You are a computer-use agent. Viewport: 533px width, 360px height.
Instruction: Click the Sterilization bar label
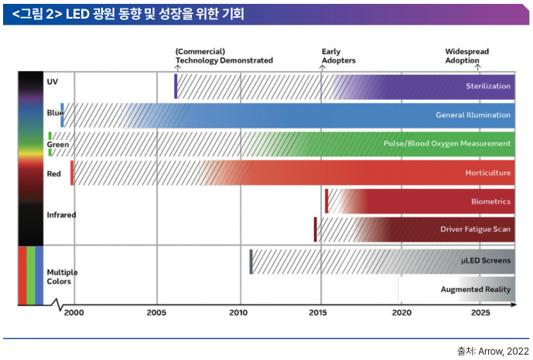[487, 86]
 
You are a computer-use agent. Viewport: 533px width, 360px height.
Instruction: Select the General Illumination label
[473, 115]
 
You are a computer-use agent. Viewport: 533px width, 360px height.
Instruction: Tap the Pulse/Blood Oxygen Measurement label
[447, 143]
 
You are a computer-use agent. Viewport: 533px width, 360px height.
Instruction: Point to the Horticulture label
[487, 173]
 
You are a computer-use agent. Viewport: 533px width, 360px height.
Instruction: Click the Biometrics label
[490, 201]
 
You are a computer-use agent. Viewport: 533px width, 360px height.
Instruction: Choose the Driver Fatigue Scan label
[475, 229]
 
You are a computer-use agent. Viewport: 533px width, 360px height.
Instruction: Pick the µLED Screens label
[486, 260]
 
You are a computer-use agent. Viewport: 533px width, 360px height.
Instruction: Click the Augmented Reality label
[476, 290]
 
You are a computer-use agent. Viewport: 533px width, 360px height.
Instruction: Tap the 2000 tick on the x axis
[74, 313]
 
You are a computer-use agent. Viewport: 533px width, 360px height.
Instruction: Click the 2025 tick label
[480, 313]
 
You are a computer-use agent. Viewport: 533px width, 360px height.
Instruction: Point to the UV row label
[52, 81]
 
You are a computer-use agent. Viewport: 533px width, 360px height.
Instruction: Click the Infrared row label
[61, 214]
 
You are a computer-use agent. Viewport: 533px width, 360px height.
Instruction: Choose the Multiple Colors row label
[62, 277]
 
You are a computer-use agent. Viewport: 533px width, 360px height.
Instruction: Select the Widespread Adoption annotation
[466, 56]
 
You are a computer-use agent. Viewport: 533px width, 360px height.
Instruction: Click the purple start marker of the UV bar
[176, 86]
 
